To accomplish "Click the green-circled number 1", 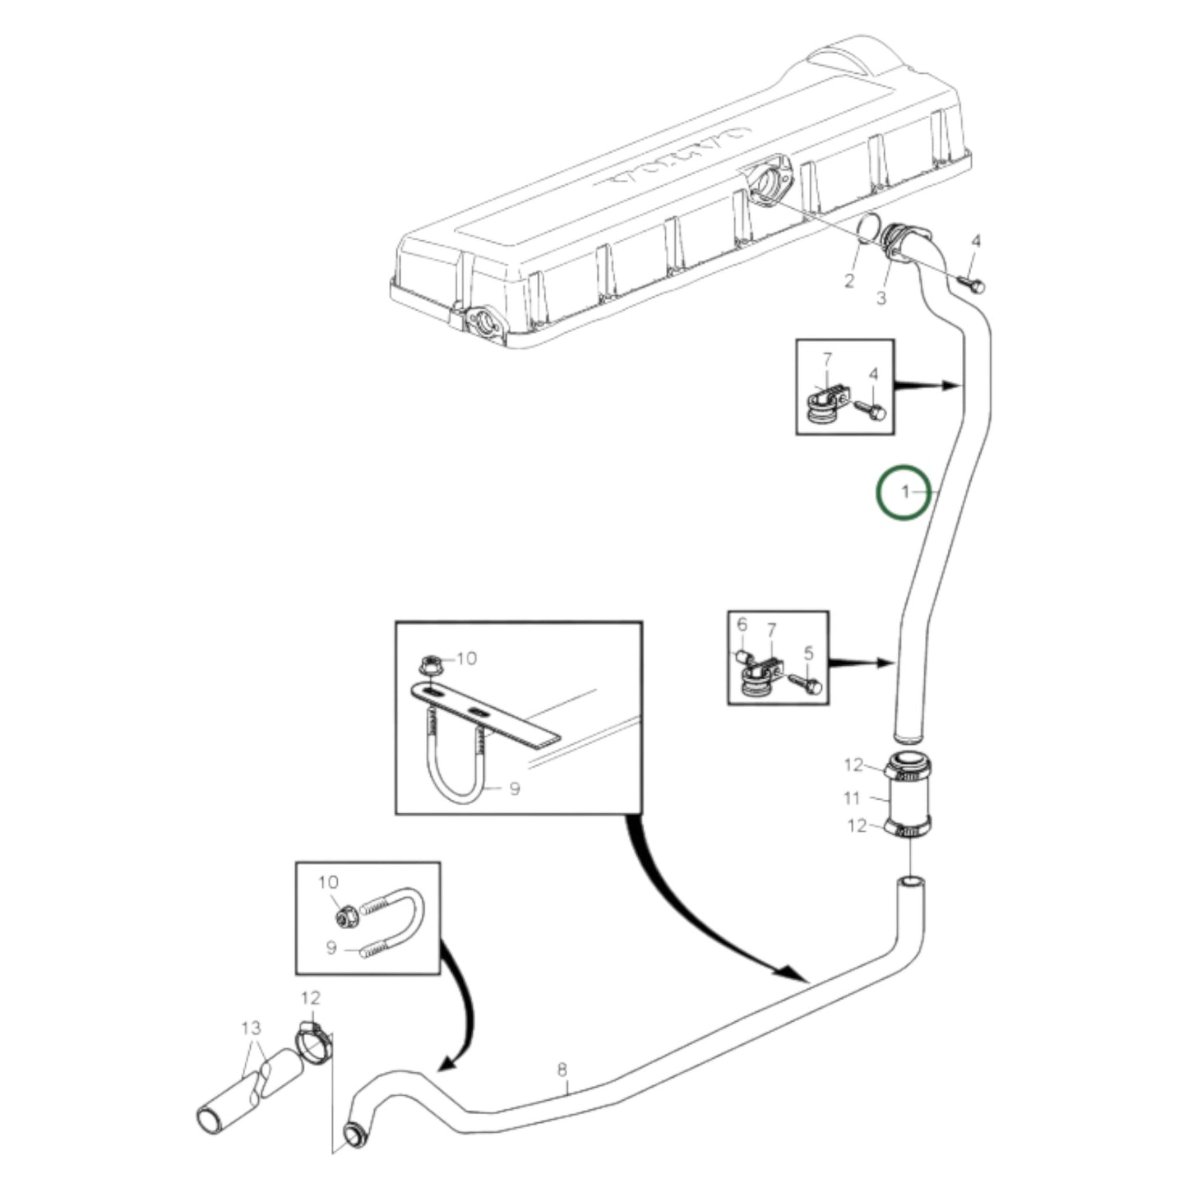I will (904, 492).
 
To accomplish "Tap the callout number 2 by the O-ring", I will (849, 281).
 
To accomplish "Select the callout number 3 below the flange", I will (881, 298).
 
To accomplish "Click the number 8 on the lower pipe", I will (562, 1070).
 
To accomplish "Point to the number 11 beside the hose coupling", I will (852, 797).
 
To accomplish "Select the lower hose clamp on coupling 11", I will (908, 830).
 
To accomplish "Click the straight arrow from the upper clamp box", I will (927, 384).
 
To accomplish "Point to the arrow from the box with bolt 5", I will (862, 661).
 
